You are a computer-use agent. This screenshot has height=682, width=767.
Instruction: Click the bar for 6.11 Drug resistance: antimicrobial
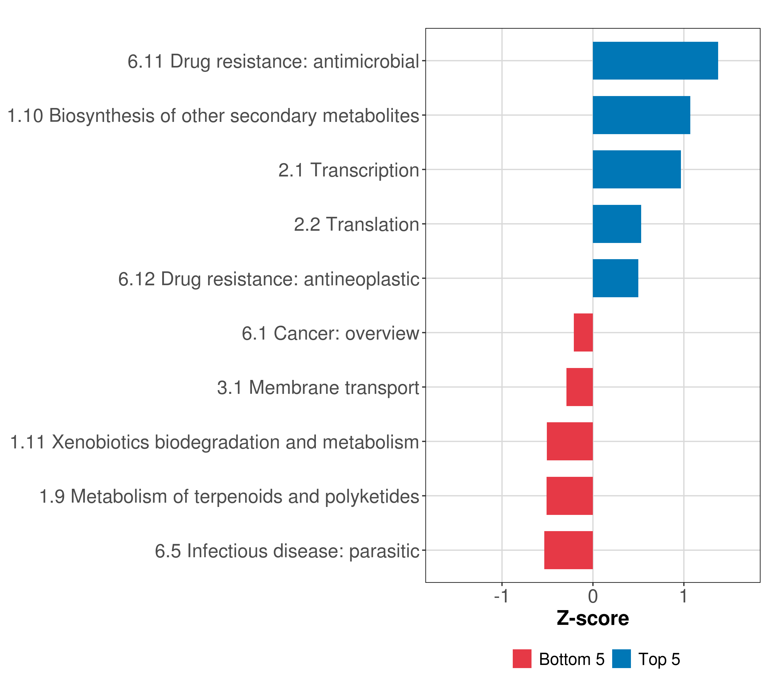655,61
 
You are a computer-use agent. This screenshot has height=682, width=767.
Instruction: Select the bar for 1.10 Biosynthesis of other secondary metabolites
641,115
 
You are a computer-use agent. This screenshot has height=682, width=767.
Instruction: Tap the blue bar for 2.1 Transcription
637,170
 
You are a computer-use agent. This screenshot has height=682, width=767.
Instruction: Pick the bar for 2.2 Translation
617,224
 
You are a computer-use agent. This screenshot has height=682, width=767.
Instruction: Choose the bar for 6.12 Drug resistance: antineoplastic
615,278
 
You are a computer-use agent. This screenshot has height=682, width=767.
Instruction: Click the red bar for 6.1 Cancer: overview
583,332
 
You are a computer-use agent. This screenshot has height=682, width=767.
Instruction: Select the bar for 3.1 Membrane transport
580,387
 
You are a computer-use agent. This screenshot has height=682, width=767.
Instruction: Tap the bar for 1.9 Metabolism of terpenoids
570,496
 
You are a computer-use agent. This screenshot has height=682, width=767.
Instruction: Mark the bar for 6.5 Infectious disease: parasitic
568,550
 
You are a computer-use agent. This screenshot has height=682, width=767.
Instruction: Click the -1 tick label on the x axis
502,596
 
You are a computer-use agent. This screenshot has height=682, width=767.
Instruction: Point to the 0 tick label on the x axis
593,596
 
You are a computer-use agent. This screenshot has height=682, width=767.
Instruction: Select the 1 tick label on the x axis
684,596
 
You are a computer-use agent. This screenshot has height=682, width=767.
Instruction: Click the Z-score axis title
593,618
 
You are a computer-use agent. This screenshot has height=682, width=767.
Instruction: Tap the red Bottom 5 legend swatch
522,659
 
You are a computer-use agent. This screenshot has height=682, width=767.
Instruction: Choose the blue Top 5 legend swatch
621,659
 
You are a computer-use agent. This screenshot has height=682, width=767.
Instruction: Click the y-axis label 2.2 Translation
357,224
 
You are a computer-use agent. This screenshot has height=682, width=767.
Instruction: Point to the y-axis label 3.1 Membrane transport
318,388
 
